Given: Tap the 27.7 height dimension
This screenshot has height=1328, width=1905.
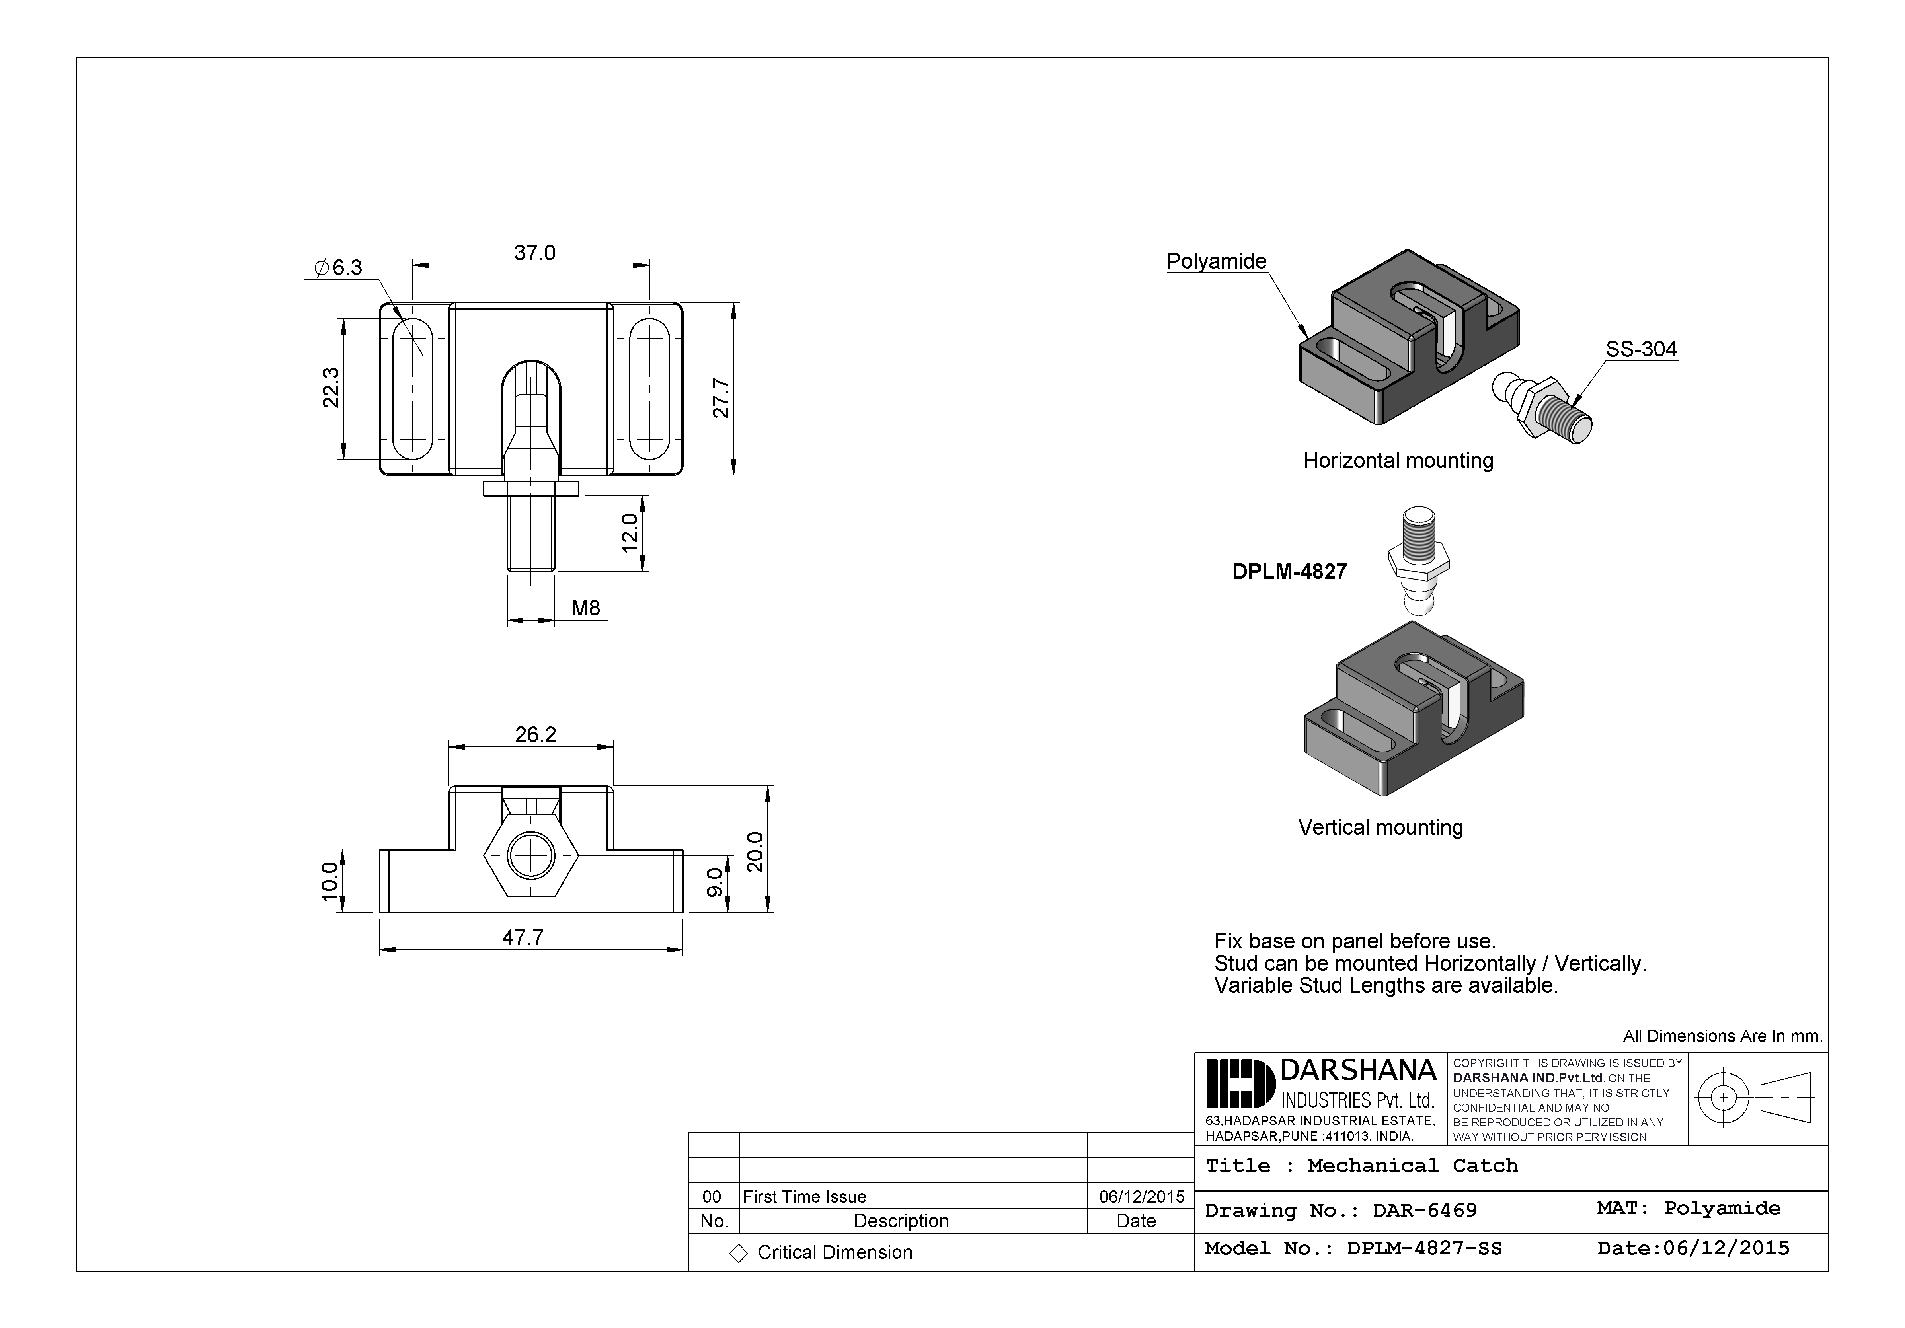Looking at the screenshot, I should [721, 398].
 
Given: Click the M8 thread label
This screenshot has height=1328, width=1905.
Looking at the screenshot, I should [585, 608].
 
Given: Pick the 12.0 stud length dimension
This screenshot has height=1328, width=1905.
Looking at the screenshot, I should [630, 532].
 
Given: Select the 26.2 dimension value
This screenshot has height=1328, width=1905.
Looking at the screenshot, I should [535, 734].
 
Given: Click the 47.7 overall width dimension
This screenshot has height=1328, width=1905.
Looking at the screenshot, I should [523, 937].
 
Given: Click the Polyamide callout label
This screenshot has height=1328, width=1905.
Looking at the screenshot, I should [1217, 261].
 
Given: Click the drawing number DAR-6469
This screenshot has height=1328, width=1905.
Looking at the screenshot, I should [1425, 1210].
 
